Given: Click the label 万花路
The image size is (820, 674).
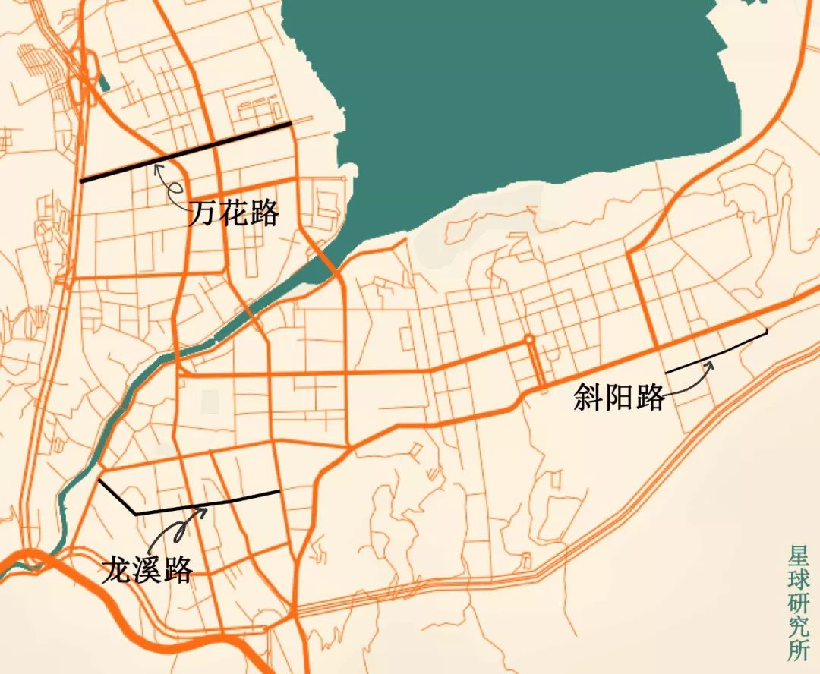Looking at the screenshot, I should pyautogui.click(x=234, y=213).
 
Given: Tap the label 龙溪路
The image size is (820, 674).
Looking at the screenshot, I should pyautogui.click(x=147, y=570).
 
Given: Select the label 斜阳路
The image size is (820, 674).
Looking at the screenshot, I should pyautogui.click(x=619, y=397).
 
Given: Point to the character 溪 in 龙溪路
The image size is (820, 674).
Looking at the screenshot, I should pyautogui.click(x=147, y=570).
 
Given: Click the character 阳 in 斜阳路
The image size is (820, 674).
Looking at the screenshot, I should pyautogui.click(x=619, y=397).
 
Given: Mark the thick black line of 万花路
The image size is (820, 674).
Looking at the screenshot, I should pyautogui.click(x=186, y=152).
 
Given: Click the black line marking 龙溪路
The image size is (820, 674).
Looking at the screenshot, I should pyautogui.click(x=205, y=504).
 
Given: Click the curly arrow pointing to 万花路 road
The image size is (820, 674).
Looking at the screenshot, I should pyautogui.click(x=170, y=186).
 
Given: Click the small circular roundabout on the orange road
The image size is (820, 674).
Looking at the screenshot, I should pyautogui.click(x=529, y=339).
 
